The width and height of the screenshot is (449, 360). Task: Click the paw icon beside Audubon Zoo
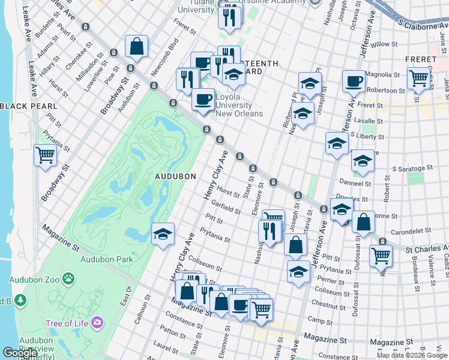[x=70, y=279]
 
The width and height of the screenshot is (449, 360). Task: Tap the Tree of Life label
[x=67, y=324]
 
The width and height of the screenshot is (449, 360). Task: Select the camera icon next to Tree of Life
[x=97, y=324]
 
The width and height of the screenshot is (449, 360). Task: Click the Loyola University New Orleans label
[x=239, y=105]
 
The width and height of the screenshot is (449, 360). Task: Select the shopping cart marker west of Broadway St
[x=46, y=156]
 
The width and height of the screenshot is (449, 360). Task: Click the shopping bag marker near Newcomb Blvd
[x=137, y=46]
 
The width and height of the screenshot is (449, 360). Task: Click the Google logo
[x=19, y=353]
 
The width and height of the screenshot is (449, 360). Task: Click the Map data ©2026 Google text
[x=412, y=355]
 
